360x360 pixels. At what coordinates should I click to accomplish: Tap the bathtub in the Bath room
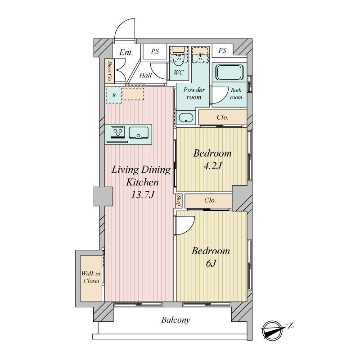[x=229, y=72]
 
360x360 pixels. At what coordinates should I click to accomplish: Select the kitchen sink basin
[x=139, y=133]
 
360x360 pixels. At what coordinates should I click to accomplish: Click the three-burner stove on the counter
[x=118, y=132]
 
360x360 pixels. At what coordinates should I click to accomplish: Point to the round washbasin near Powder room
[x=186, y=118]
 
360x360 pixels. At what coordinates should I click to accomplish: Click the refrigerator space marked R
[x=114, y=95]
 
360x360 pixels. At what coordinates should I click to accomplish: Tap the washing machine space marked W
[x=200, y=54]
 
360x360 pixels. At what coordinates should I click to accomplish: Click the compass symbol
[x=273, y=330]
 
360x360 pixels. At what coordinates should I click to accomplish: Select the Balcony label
[x=175, y=320]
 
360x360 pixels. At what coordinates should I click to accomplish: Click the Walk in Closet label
[x=91, y=277]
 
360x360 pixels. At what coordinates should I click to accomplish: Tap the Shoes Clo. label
[x=110, y=71]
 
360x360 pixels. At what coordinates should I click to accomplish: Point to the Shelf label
[x=179, y=201]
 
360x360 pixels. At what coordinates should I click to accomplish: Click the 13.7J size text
[x=142, y=195]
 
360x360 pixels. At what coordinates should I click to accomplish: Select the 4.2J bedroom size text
[x=212, y=166]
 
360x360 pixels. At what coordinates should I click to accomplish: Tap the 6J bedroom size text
[x=211, y=263]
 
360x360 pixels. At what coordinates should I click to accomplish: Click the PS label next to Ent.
[x=155, y=51]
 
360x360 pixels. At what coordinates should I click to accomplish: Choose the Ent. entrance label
[x=126, y=52]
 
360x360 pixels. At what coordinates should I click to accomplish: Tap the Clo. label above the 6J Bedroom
[x=210, y=200]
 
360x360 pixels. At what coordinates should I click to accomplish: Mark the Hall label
[x=145, y=75]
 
